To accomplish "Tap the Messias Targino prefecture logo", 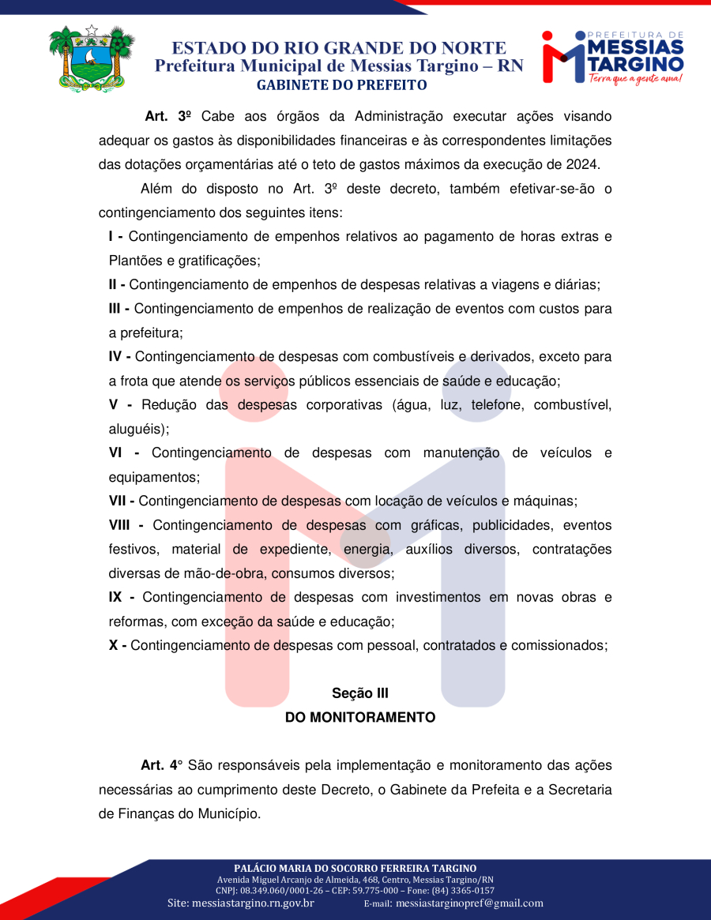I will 613,57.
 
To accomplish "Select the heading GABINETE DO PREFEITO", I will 341,84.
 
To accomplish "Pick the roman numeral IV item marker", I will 117,357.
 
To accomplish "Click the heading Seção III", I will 360,693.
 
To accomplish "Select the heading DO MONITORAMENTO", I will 360,718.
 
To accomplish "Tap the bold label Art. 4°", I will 161,765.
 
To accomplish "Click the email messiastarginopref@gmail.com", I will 469,903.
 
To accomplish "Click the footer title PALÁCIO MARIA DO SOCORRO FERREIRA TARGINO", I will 355,868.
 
